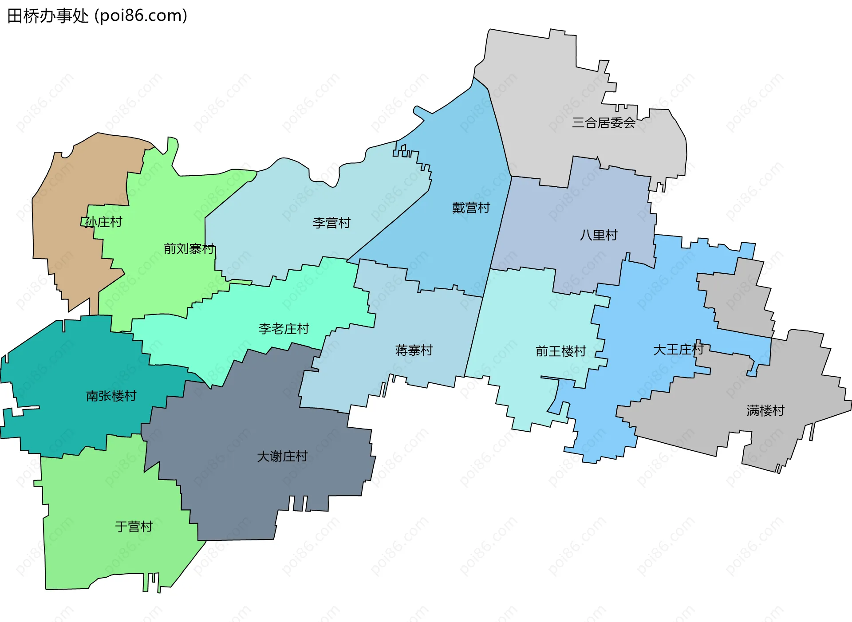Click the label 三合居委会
pyautogui.click(x=603, y=123)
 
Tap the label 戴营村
pyautogui.click(x=471, y=208)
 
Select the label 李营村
pyautogui.click(x=331, y=223)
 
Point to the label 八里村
pyautogui.click(x=599, y=235)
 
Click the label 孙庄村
pyautogui.click(x=103, y=222)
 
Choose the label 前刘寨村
pyautogui.click(x=189, y=248)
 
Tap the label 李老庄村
pyautogui.click(x=284, y=329)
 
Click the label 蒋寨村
pyautogui.click(x=414, y=350)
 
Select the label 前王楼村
pyautogui.click(x=561, y=351)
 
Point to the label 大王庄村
pyautogui.click(x=678, y=350)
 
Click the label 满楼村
pyautogui.click(x=765, y=410)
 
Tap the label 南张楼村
pyautogui.click(x=111, y=396)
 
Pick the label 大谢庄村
pyautogui.click(x=282, y=456)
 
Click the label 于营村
pyautogui.click(x=134, y=527)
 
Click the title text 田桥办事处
pyautogui.click(x=48, y=16)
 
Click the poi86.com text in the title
pyautogui.click(x=141, y=16)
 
